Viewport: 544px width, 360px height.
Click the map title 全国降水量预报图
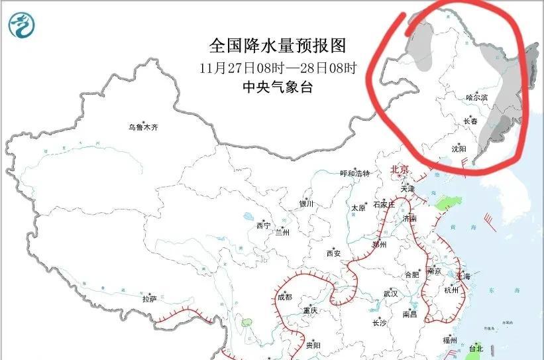[278, 46]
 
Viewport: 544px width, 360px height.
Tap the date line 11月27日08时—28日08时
[278, 68]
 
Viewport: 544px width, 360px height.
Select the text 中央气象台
[278, 87]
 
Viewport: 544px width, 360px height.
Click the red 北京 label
[401, 170]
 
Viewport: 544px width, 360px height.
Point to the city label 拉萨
[149, 299]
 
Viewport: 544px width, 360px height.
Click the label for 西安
[333, 253]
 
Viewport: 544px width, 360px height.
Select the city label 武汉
[390, 293]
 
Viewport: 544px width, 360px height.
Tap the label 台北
[476, 348]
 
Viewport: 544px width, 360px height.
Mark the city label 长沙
[379, 323]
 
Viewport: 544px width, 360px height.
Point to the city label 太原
[358, 208]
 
